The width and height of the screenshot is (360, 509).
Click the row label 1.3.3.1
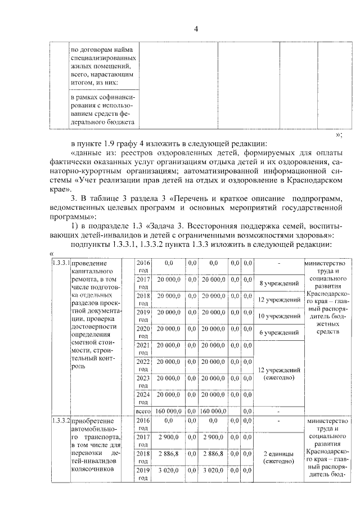[x=60, y=263]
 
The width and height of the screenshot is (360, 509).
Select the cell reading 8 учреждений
[x=278, y=283]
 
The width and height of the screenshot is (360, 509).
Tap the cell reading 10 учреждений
[x=278, y=316]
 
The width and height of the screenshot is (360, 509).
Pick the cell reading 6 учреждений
[x=278, y=332]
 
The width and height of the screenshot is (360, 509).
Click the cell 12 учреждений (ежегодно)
[x=278, y=373]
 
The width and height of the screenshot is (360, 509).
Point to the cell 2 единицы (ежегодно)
[x=278, y=457]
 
